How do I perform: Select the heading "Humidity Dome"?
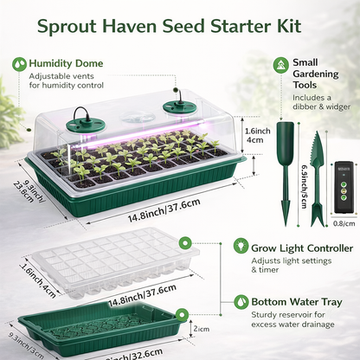pyautogui.click(x=66, y=63)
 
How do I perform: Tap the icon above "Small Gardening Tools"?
pyautogui.click(x=280, y=65)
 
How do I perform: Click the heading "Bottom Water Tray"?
pyautogui.click(x=295, y=303)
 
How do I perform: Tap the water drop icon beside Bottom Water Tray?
pyautogui.click(x=242, y=303)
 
